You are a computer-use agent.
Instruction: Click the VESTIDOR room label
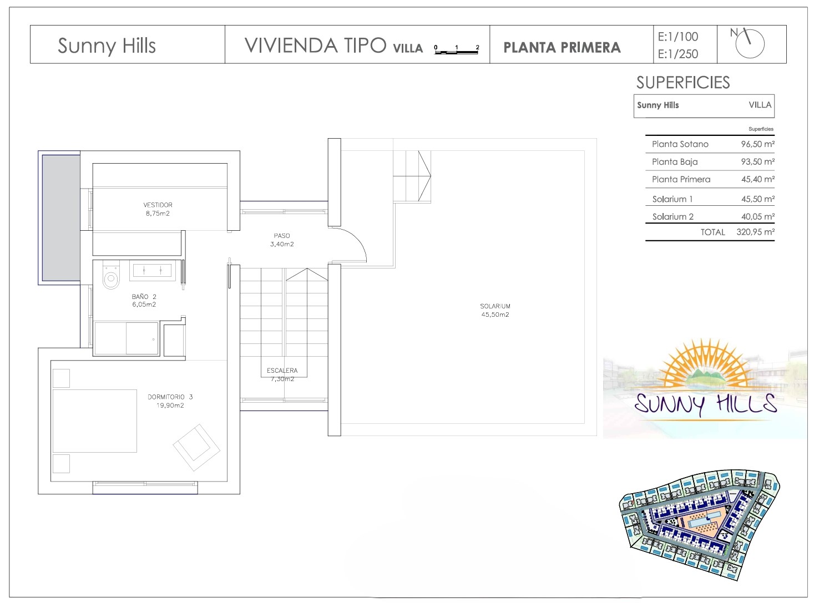[158, 205]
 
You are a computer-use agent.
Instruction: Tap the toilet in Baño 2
[111, 275]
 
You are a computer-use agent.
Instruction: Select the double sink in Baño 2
[152, 270]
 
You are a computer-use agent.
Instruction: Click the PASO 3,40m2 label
[282, 240]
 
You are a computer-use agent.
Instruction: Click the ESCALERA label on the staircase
[282, 371]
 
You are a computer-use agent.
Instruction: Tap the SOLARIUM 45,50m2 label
[495, 310]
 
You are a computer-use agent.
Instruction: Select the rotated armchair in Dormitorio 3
[196, 447]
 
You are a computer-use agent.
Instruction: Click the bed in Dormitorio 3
[95, 421]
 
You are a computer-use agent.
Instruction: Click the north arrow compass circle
[750, 44]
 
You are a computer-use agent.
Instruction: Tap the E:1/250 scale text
[678, 54]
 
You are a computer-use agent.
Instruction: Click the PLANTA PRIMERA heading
[562, 47]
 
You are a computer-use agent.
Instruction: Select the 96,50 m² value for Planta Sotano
[757, 144]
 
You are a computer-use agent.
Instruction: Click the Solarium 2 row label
[673, 216]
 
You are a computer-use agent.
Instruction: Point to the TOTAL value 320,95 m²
[755, 232]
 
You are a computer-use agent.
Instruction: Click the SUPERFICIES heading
[683, 83]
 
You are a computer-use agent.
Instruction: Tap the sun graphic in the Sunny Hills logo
[701, 363]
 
